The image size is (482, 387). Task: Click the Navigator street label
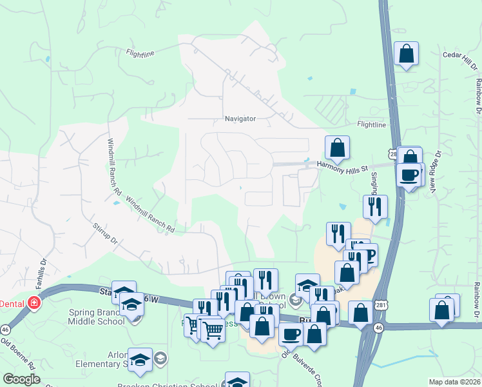click(x=240, y=119)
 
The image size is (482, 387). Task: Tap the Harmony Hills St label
click(x=342, y=166)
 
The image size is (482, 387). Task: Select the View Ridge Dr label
click(x=436, y=172)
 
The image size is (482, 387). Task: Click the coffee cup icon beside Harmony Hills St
click(x=409, y=175)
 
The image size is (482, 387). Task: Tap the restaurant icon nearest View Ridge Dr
click(x=375, y=207)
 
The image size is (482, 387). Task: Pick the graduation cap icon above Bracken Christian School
click(x=237, y=381)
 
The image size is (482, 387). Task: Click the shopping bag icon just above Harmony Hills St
click(x=337, y=148)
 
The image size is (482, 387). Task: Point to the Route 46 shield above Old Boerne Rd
click(x=5, y=330)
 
